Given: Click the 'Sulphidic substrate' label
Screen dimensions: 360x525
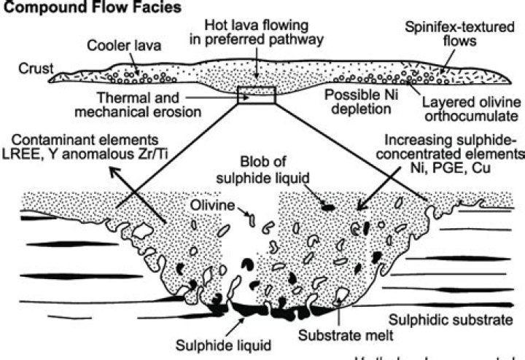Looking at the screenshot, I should point(453,318).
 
